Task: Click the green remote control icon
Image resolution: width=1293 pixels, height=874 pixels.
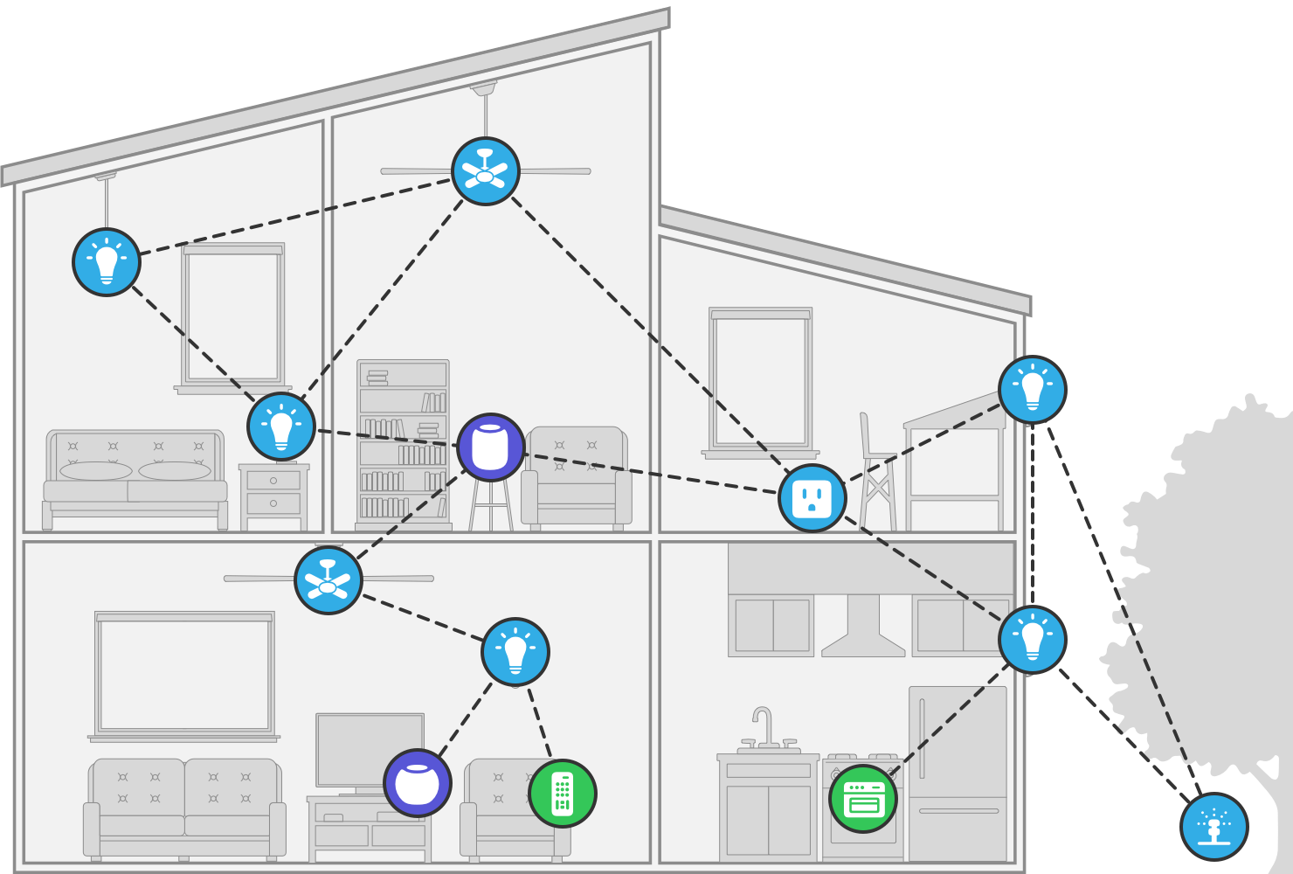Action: (563, 794)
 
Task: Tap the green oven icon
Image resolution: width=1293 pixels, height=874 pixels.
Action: (863, 799)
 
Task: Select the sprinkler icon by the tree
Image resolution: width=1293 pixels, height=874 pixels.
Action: (1213, 826)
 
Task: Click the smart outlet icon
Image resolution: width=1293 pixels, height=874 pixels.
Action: (812, 498)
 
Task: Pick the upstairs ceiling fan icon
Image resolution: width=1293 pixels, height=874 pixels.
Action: (486, 171)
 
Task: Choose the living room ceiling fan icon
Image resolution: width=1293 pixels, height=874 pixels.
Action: (328, 580)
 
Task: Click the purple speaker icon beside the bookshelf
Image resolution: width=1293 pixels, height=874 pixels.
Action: (491, 447)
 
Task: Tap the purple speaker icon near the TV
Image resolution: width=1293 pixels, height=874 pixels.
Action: (418, 783)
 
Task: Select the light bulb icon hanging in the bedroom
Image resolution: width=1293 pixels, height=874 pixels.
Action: (107, 262)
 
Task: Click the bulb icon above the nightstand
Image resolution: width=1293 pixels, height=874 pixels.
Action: (281, 427)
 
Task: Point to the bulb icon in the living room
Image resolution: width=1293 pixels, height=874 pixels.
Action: (515, 652)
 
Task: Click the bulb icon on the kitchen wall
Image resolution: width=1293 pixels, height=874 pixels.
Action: (1033, 640)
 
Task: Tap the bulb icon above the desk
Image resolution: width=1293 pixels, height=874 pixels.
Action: (1033, 390)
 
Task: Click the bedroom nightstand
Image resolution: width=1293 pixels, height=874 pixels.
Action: (273, 496)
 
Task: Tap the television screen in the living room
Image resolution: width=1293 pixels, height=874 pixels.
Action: (370, 750)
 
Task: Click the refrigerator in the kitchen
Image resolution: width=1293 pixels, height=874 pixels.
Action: (958, 773)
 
